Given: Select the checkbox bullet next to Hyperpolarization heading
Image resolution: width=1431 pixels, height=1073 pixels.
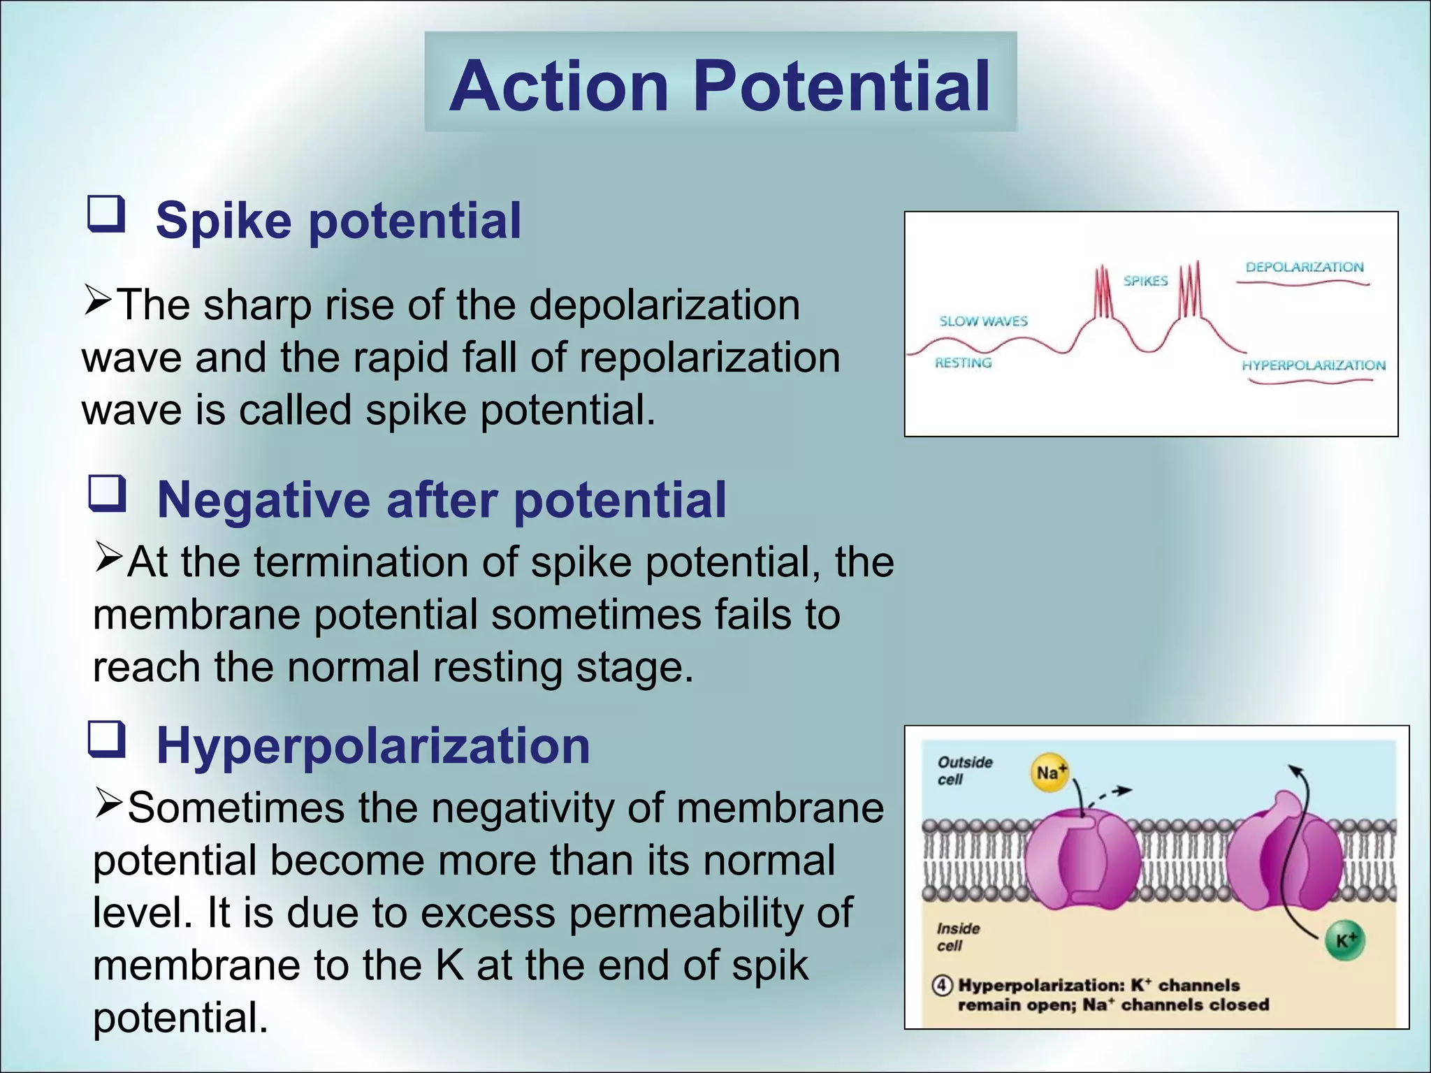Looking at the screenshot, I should tap(106, 740).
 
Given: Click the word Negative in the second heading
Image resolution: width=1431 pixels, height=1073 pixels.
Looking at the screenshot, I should tap(263, 500).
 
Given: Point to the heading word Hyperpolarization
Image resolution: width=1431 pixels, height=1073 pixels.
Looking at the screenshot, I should tap(373, 746).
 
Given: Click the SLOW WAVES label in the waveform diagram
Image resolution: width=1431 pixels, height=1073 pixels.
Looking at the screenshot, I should tap(983, 321).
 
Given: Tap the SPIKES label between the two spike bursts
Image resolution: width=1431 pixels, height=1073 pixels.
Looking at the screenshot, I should tap(1145, 281).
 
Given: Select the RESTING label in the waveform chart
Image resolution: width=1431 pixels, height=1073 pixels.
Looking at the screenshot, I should tap(963, 363).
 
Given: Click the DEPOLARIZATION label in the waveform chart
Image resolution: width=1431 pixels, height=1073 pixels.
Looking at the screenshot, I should tap(1304, 267).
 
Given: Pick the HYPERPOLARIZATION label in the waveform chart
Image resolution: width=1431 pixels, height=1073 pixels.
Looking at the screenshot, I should tap(1313, 365).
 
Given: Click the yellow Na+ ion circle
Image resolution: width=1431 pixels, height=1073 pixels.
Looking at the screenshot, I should tap(1049, 773).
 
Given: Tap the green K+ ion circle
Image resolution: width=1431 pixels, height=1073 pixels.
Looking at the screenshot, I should tap(1345, 940).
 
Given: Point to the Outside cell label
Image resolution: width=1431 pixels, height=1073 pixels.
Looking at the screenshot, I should tap(964, 771).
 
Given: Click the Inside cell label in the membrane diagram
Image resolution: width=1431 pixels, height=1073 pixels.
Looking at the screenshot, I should tap(958, 937).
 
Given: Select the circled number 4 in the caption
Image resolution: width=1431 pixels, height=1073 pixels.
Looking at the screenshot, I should tap(943, 986).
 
